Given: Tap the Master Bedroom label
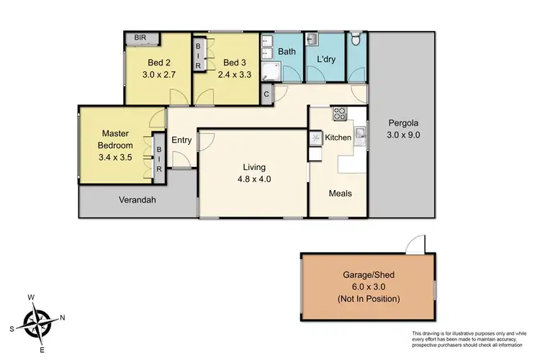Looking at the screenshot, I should coord(114,139).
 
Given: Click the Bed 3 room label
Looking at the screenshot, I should coord(230,61).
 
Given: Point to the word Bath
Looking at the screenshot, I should coord(286,52).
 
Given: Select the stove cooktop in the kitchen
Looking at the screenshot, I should coord(339,114).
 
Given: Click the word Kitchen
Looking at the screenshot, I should coord(338,138).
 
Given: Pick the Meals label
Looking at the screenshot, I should coord(341,193).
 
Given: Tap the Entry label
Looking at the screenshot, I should coord(181,140).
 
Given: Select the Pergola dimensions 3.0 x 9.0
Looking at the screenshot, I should coord(403,135).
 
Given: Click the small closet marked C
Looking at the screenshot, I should coord(266,94).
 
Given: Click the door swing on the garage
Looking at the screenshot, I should coord(415,246).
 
